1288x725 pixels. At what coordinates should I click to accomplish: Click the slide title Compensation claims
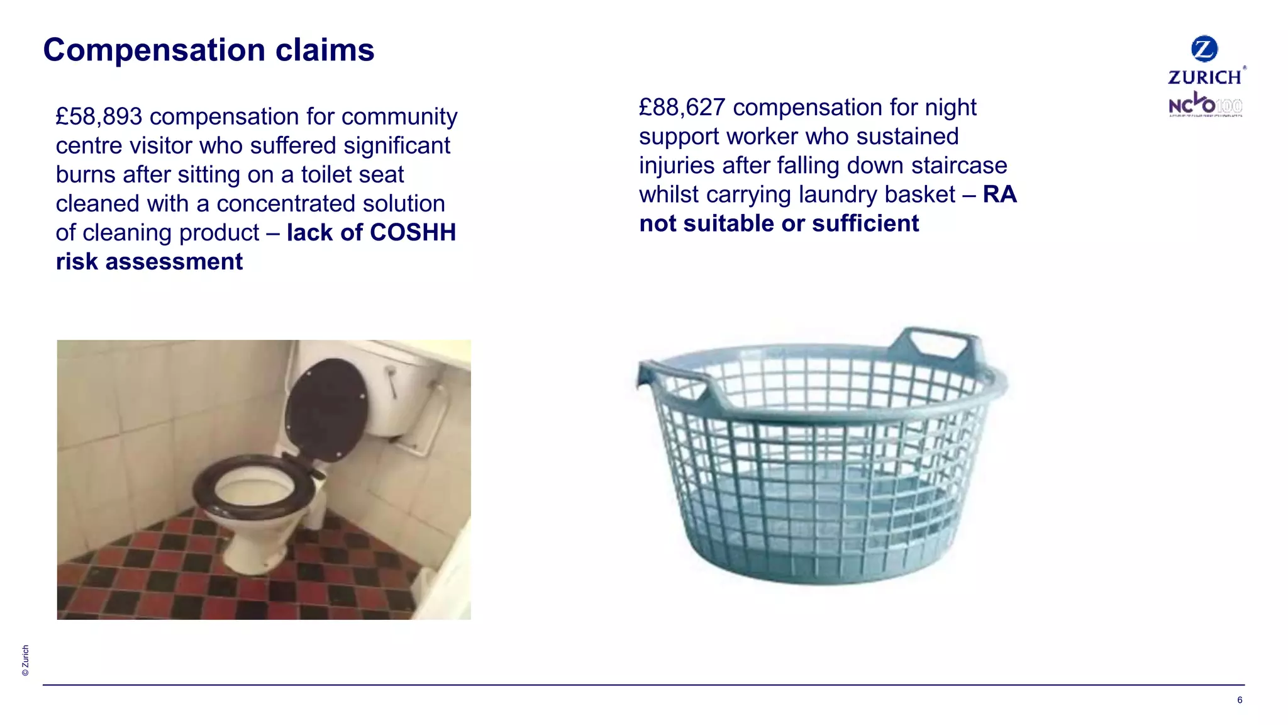click(x=208, y=50)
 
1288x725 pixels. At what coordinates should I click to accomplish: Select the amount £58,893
click(x=99, y=116)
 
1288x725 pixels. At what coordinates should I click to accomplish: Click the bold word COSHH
click(x=414, y=232)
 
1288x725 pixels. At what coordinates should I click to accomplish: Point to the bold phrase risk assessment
click(x=149, y=261)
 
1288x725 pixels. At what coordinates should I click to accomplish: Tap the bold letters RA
click(x=1000, y=194)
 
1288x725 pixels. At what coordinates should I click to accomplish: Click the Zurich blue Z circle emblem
click(x=1204, y=48)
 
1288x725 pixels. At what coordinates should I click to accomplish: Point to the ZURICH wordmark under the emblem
click(x=1205, y=77)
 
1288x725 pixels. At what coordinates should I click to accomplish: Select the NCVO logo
click(x=1205, y=106)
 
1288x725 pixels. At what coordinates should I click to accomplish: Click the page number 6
click(x=1240, y=700)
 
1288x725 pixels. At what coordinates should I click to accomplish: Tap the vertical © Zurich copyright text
click(x=25, y=660)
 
